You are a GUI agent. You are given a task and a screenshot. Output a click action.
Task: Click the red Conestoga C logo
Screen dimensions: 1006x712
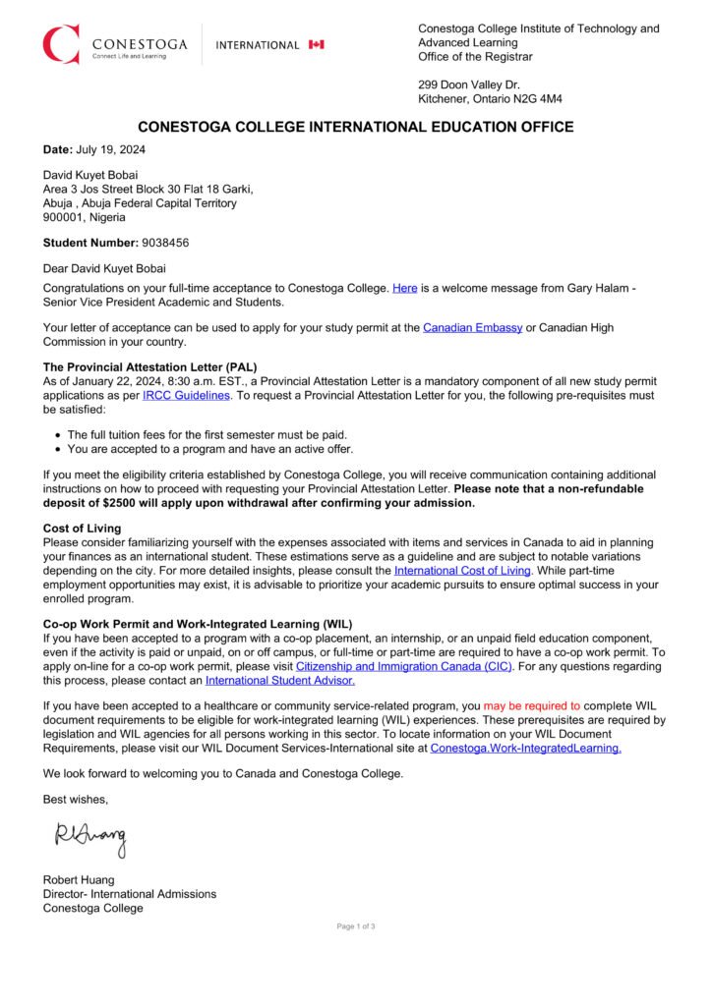coord(60,44)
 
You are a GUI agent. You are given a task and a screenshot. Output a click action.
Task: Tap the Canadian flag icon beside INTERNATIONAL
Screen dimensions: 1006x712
coord(316,44)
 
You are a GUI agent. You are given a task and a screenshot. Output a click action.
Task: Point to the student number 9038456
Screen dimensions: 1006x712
coord(165,242)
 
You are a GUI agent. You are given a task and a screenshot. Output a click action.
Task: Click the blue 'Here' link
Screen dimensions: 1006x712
coord(405,288)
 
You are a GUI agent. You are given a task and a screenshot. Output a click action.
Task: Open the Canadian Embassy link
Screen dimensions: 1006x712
coord(472,327)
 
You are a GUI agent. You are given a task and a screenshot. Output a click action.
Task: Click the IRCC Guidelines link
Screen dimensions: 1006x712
coord(186,395)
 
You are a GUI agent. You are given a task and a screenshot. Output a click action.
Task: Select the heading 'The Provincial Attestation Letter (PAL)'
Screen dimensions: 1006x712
coord(149,366)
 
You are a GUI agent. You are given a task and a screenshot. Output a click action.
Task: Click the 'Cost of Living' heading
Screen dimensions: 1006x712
coord(82,529)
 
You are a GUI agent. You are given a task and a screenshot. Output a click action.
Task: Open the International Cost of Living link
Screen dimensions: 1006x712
coord(462,570)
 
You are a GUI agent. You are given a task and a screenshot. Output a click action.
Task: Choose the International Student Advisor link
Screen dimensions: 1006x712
coord(280,680)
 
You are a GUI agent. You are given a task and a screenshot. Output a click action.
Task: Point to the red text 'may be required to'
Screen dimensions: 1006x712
coord(532,705)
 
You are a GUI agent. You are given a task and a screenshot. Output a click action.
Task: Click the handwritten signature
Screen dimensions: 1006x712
coord(90,837)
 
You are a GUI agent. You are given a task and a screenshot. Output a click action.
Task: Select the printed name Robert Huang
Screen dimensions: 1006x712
coord(79,880)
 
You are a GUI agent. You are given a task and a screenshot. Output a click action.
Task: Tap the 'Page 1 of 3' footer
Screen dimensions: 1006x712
coord(356,926)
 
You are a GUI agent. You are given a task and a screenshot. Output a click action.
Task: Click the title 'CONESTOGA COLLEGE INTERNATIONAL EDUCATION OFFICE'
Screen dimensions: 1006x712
coord(355,128)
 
